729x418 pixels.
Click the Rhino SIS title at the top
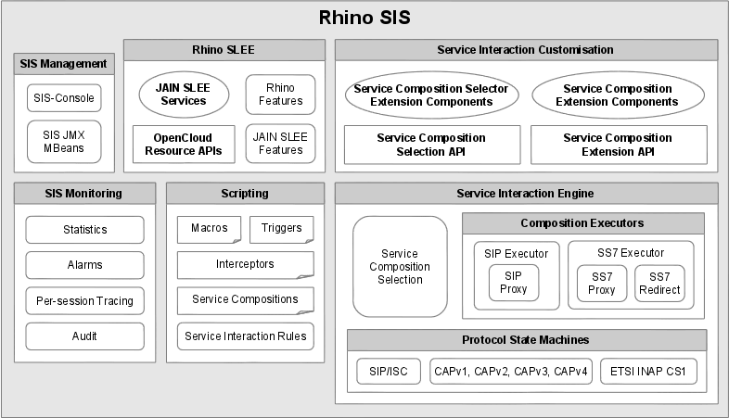[x=364, y=18]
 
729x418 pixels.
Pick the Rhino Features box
[x=280, y=95]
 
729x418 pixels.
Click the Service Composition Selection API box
[x=430, y=144]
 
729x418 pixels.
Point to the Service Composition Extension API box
[x=618, y=144]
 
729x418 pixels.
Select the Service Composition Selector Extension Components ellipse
[x=432, y=95]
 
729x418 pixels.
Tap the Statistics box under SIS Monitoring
[x=84, y=230]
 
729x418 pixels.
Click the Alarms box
[x=84, y=265]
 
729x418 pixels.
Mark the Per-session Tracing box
[x=84, y=300]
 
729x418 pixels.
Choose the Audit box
[x=84, y=336]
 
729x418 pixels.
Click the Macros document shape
[x=209, y=229]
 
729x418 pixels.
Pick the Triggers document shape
[x=281, y=229]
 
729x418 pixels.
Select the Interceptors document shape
[x=245, y=264]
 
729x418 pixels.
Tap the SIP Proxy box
[x=513, y=283]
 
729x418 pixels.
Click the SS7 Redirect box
[x=659, y=284]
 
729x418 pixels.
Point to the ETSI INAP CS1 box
[x=648, y=372]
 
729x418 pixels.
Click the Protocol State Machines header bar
[x=526, y=339]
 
